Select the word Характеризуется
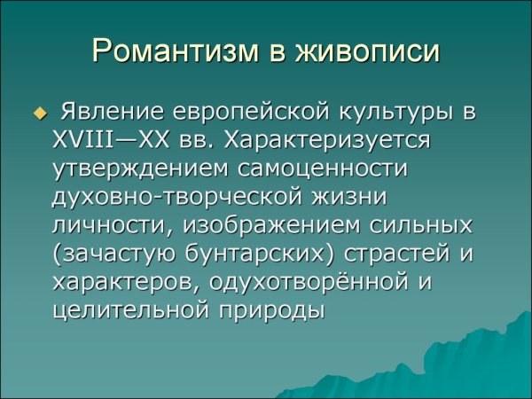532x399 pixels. pyautogui.click(x=340, y=141)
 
